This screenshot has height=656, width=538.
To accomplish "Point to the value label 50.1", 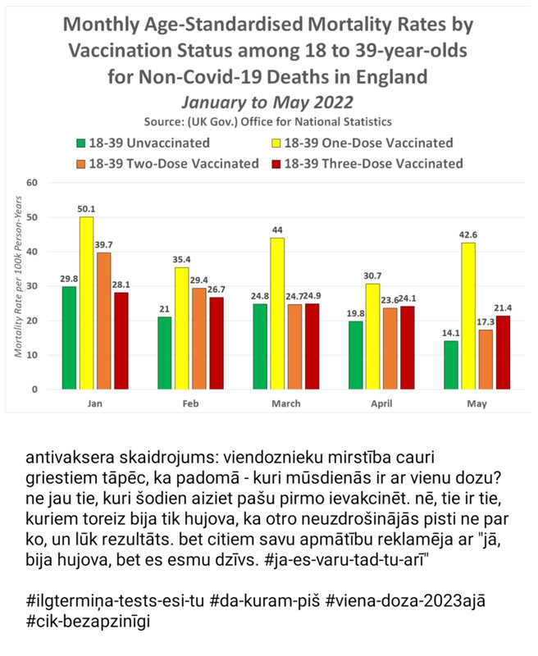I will (x=85, y=210).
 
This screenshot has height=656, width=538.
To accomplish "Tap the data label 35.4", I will (x=181, y=261).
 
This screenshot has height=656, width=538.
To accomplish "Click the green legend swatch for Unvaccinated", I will (x=80, y=143).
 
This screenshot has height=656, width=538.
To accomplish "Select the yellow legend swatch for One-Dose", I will (x=277, y=143).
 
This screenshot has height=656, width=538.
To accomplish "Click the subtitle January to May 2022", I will (x=268, y=102).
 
